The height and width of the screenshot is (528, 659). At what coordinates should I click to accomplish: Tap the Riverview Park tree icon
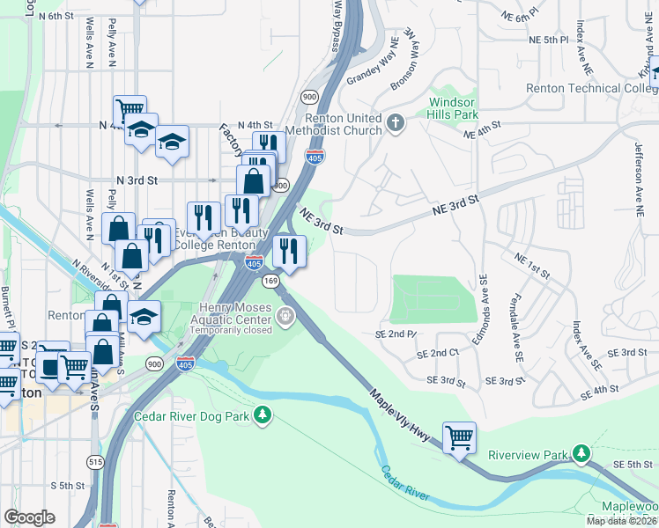coord(581,454)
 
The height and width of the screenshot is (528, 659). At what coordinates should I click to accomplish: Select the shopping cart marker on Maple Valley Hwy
coord(460,437)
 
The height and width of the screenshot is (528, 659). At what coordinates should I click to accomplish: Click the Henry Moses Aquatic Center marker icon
coord(285,315)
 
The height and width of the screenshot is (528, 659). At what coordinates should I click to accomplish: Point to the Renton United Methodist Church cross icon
coord(396,123)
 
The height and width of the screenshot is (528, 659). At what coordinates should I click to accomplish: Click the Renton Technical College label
coord(585,88)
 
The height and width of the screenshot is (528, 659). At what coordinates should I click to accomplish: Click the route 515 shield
coord(95,462)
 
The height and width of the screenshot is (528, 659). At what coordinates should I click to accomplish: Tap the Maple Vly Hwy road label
coord(402,421)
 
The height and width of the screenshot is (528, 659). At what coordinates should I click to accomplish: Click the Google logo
coord(29,517)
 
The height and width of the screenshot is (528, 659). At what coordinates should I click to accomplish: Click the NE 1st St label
coord(532,265)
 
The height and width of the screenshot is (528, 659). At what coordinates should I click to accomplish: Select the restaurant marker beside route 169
coord(289,251)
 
